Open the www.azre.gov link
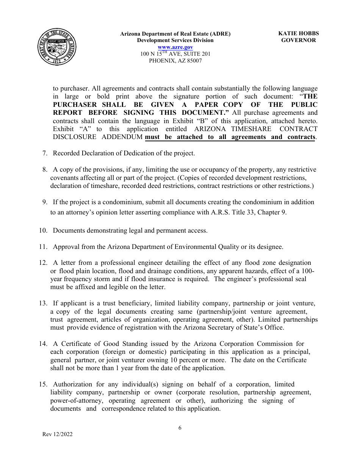(x=175, y=47)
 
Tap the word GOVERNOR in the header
(x=298, y=41)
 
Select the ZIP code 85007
(x=194, y=61)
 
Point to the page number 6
(x=180, y=428)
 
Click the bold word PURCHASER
(x=72, y=105)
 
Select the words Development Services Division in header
(x=175, y=41)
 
